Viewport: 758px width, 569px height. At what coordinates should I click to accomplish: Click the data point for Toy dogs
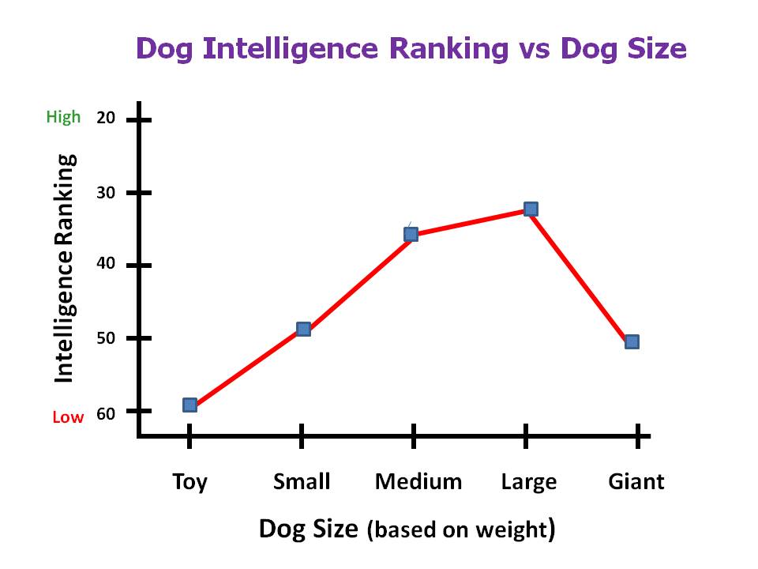pyautogui.click(x=189, y=405)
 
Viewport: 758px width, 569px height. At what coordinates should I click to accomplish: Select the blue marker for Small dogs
pyautogui.click(x=303, y=329)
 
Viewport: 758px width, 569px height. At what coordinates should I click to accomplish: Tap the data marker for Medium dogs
pyautogui.click(x=411, y=234)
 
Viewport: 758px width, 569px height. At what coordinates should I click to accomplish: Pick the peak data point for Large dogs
pyautogui.click(x=531, y=209)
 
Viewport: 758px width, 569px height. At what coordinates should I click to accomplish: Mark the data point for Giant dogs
pyautogui.click(x=632, y=341)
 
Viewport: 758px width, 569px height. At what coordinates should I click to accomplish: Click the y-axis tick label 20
pyautogui.click(x=106, y=119)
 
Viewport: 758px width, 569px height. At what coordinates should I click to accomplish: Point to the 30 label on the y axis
pyautogui.click(x=106, y=192)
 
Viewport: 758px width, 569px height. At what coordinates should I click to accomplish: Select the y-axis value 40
pyautogui.click(x=106, y=265)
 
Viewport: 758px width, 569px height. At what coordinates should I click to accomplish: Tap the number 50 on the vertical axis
pyautogui.click(x=106, y=338)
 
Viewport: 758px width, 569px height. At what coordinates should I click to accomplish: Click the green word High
pyautogui.click(x=63, y=118)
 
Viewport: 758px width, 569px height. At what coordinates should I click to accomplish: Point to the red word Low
pyautogui.click(x=68, y=417)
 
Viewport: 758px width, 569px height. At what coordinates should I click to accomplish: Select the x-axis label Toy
pyautogui.click(x=190, y=482)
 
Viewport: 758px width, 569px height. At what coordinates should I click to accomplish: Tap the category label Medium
pyautogui.click(x=418, y=481)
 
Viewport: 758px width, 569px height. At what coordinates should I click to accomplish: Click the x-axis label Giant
pyautogui.click(x=636, y=481)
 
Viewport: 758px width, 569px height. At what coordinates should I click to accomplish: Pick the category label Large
pyautogui.click(x=529, y=482)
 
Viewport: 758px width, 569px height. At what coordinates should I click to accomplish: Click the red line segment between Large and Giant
pyautogui.click(x=581, y=275)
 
